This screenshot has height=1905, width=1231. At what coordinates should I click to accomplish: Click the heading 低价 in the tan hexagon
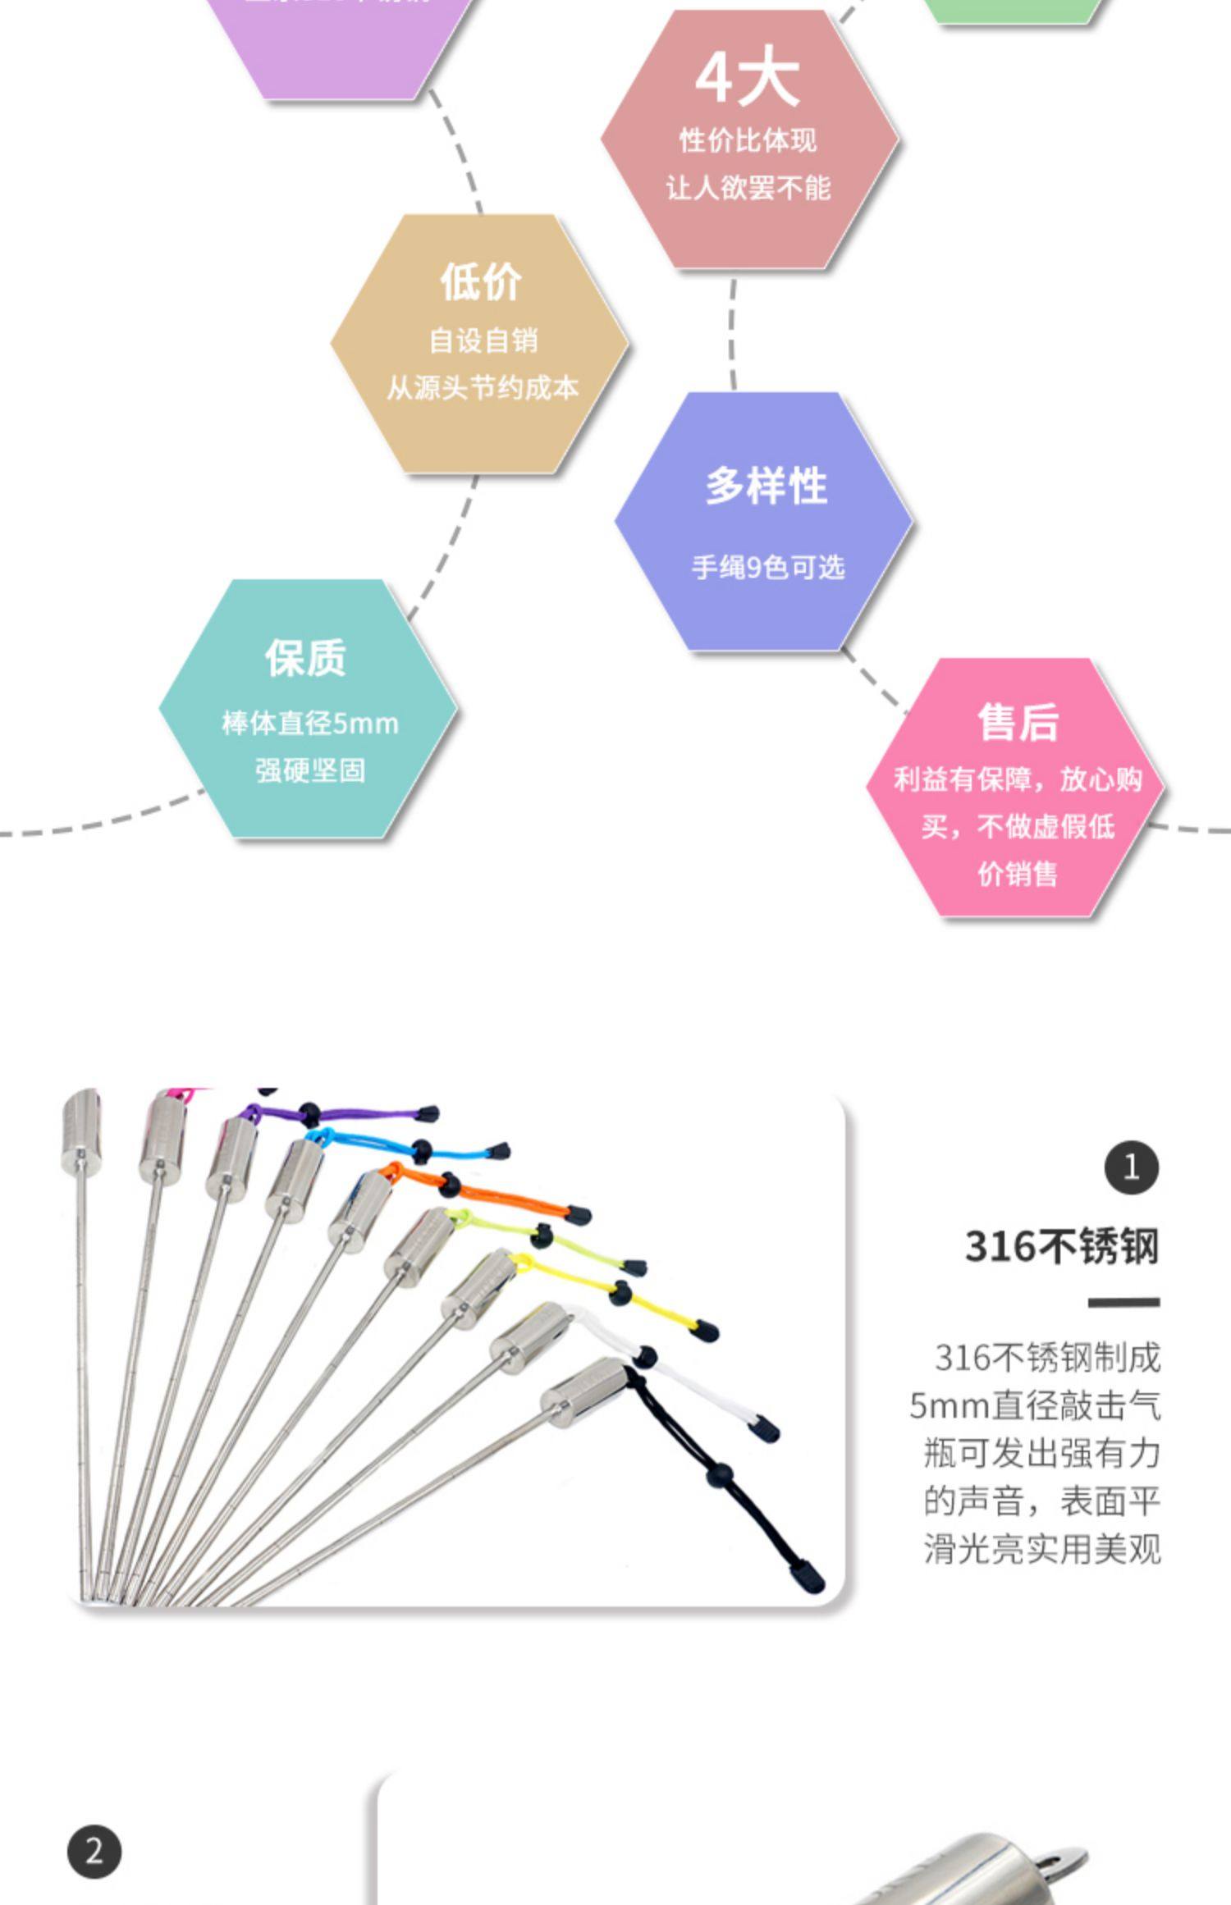pyautogui.click(x=481, y=282)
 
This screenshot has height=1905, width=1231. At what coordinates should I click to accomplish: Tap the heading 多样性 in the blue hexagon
pyautogui.click(x=767, y=486)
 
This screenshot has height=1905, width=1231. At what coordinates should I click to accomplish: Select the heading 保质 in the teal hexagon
pyautogui.click(x=305, y=658)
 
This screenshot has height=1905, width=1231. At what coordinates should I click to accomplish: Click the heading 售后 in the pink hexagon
pyautogui.click(x=1018, y=723)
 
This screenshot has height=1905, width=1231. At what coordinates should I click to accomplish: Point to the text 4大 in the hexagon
pyautogui.click(x=747, y=79)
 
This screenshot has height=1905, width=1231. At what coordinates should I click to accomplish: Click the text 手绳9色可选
pyautogui.click(x=768, y=568)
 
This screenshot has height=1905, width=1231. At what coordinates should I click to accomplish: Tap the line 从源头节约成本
pyautogui.click(x=483, y=388)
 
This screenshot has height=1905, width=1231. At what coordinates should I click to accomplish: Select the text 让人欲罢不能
pyautogui.click(x=748, y=189)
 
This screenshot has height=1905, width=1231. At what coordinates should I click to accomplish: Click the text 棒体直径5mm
pyautogui.click(x=310, y=724)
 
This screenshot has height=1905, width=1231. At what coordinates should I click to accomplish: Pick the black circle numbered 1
pyautogui.click(x=1131, y=1167)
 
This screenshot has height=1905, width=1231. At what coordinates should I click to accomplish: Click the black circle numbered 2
pyautogui.click(x=94, y=1852)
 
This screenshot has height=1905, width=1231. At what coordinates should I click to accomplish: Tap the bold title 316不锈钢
pyautogui.click(x=1062, y=1247)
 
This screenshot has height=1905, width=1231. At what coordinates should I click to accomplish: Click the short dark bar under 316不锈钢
pyautogui.click(x=1123, y=1302)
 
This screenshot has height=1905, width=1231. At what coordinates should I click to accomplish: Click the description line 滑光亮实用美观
pyautogui.click(x=1042, y=1550)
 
